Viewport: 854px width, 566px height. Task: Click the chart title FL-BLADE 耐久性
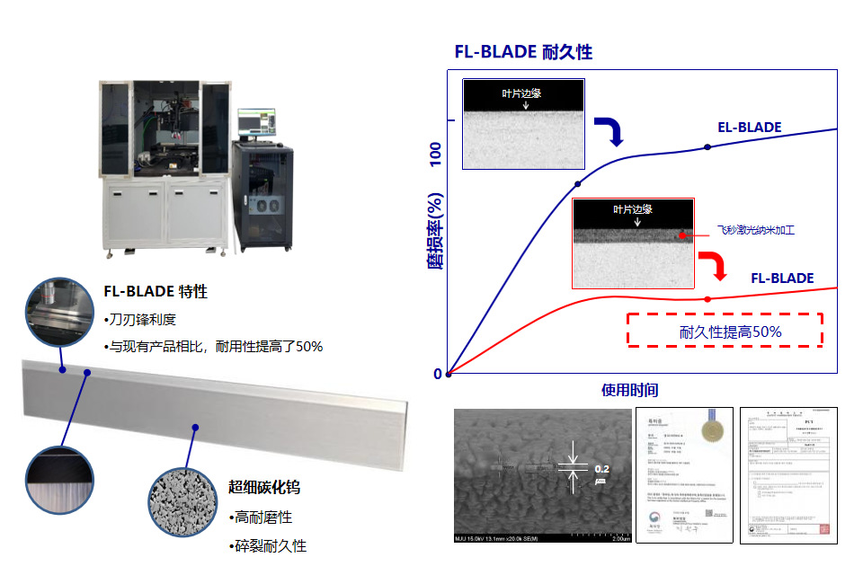pyautogui.click(x=523, y=51)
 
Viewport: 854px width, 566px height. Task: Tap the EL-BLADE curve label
pyautogui.click(x=749, y=128)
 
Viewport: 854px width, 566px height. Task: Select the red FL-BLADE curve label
pyautogui.click(x=782, y=279)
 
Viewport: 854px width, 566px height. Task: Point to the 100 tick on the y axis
pyautogui.click(x=437, y=154)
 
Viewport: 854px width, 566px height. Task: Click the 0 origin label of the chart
pyautogui.click(x=438, y=374)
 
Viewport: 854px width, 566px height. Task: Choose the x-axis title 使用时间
pyautogui.click(x=629, y=390)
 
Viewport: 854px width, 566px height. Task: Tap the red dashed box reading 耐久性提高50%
pyautogui.click(x=725, y=331)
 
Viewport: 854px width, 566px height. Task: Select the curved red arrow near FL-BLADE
pyautogui.click(x=713, y=266)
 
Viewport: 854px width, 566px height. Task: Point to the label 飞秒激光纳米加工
pyautogui.click(x=755, y=231)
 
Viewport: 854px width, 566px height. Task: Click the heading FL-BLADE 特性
pyautogui.click(x=156, y=292)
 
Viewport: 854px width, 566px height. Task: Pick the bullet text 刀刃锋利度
pyautogui.click(x=141, y=320)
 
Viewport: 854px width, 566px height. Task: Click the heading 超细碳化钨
pyautogui.click(x=263, y=488)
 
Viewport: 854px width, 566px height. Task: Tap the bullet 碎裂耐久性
pyautogui.click(x=268, y=545)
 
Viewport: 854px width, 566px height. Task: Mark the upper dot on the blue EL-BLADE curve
pyautogui.click(x=707, y=146)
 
